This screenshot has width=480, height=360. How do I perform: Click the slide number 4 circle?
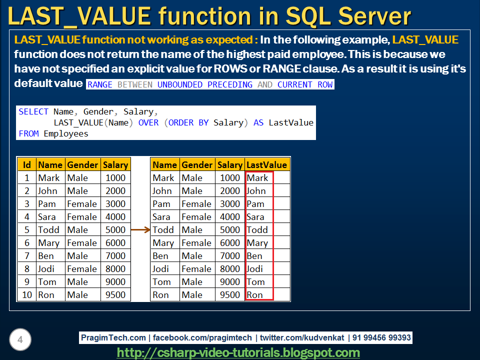click(20, 340)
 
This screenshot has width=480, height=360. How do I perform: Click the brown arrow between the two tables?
click(140, 230)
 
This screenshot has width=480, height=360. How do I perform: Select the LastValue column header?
click(266, 164)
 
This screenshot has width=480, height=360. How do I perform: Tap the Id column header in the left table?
click(27, 164)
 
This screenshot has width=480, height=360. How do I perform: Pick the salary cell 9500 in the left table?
click(115, 294)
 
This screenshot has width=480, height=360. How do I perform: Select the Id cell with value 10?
click(27, 294)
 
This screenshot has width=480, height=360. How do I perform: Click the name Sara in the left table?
click(47, 216)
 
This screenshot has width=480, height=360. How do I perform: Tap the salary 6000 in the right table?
click(230, 242)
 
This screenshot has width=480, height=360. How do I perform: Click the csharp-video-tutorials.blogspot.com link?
click(238, 352)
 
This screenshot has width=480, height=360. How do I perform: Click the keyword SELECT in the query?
click(33, 111)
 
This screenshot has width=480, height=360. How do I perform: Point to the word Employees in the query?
click(66, 133)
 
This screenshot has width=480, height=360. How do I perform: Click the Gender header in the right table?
click(197, 164)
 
